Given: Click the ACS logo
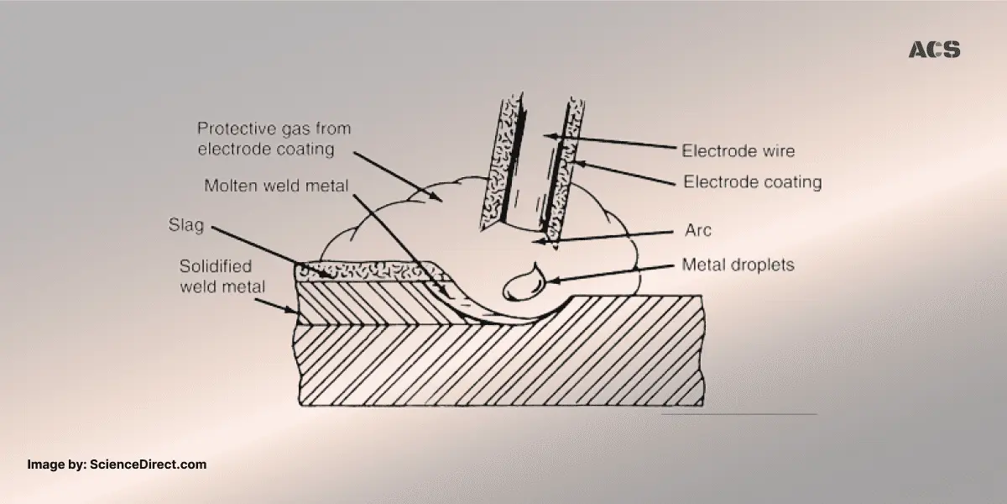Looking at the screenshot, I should pos(934,50).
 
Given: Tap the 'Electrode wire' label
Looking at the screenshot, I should pos(738,151).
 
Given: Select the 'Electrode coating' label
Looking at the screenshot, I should pos(752,181).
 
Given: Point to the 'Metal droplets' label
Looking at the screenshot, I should pos(738,265).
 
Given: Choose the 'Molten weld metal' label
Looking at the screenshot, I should pos(276,186).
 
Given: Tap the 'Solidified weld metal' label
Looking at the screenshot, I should pos(216,276).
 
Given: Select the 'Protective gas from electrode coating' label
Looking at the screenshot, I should pos(274,139).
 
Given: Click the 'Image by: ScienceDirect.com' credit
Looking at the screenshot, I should pos(117,465).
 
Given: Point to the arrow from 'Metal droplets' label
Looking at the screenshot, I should pos(613,272).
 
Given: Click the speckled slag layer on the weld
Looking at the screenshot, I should pos(369,271).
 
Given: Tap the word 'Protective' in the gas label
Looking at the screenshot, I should pos(231,129).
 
